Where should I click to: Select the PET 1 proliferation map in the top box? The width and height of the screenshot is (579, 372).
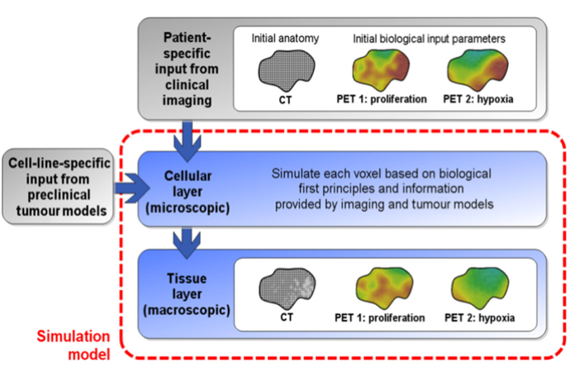point(386,70)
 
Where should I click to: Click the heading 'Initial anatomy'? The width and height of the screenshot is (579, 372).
point(287,39)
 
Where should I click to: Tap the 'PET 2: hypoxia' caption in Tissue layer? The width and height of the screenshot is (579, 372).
point(486,317)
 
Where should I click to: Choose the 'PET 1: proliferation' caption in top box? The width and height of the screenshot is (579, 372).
point(386,99)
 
